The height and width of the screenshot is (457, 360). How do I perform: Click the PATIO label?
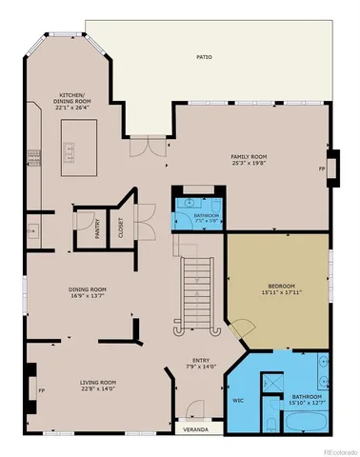point(205,57)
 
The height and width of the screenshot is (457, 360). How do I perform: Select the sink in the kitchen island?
point(68,150)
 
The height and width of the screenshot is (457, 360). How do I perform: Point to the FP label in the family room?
point(321,169)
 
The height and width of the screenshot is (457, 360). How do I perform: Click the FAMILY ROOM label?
point(249,156)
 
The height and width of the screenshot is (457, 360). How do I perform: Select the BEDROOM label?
point(281,286)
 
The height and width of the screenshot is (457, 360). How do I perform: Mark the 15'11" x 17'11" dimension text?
point(281,293)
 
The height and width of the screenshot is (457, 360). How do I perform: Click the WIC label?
point(239,400)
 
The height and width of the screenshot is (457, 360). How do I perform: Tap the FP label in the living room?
point(41,390)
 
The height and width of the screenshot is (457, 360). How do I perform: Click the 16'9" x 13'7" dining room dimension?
point(87,297)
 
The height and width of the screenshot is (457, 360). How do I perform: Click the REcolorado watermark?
point(335,450)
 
